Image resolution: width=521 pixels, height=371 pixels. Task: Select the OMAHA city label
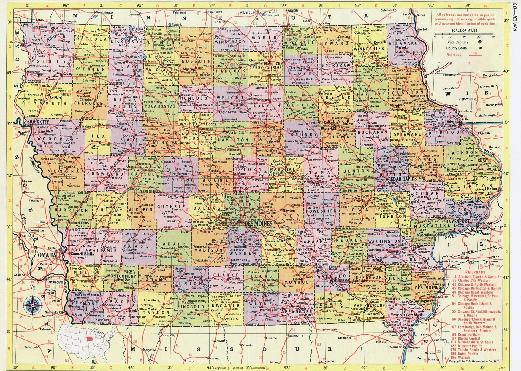coord(46,255)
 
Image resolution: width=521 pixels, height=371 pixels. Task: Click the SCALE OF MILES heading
coord(464,30)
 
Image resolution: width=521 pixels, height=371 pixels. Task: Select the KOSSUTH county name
coord(192,61)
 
